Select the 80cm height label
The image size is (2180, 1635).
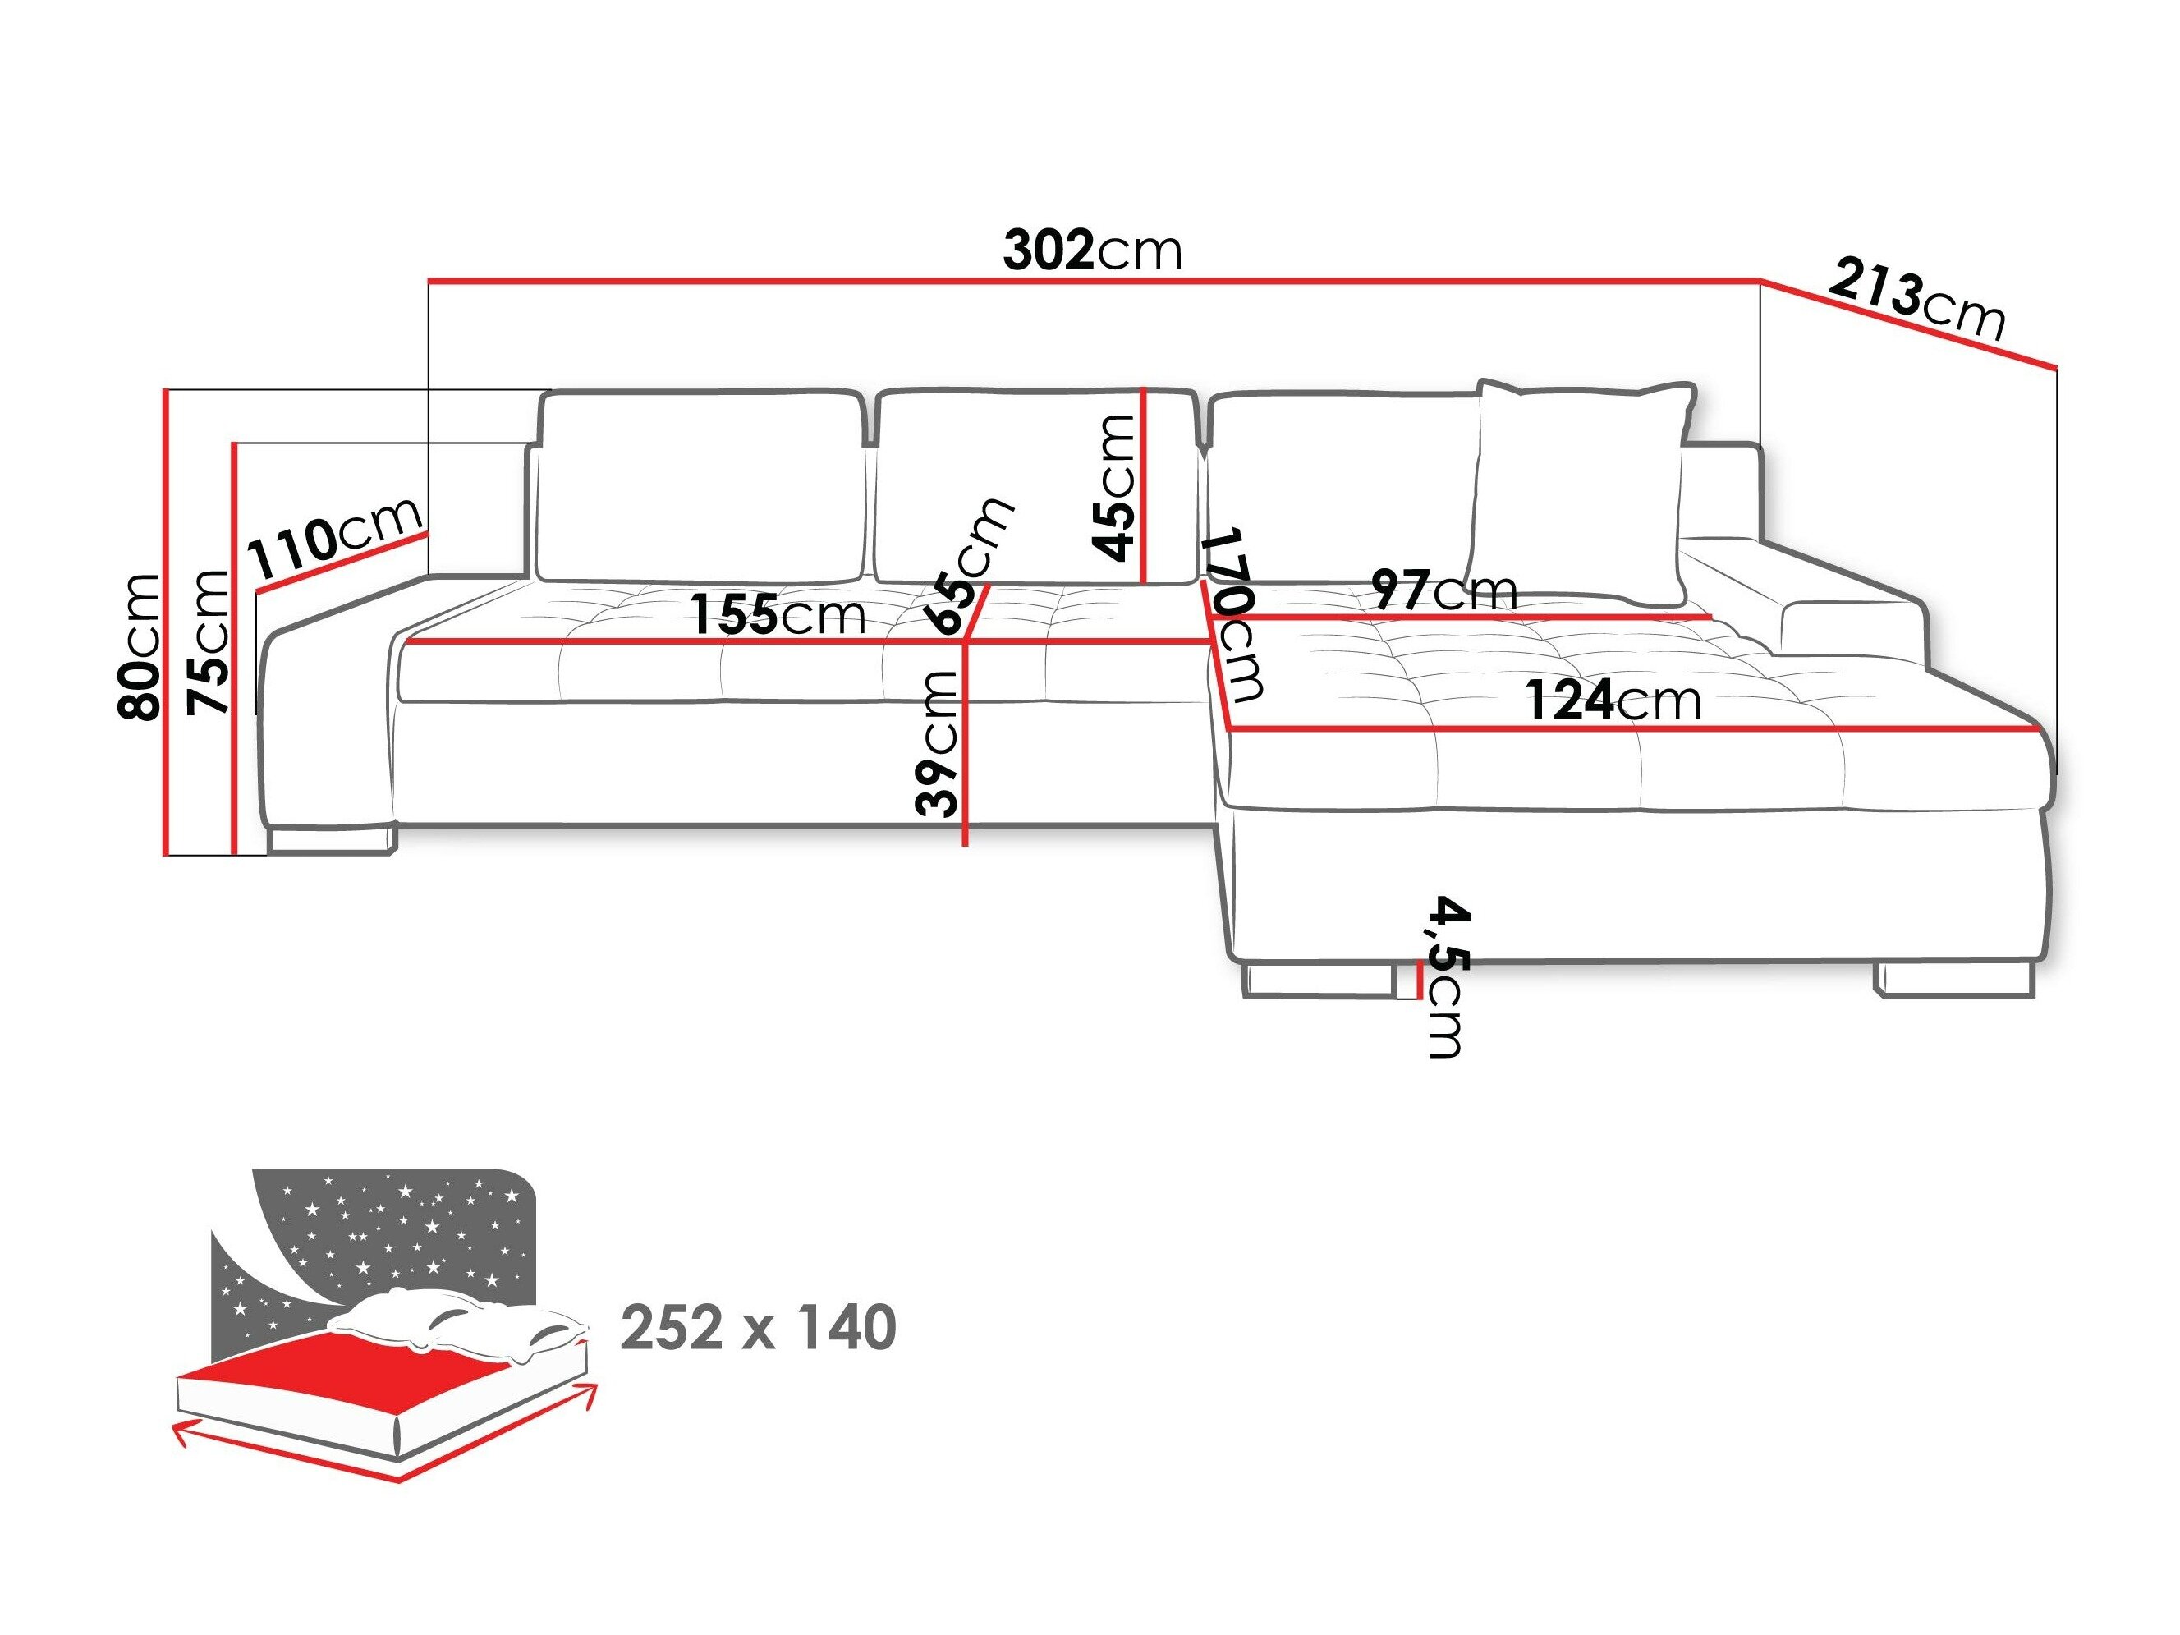point(137,646)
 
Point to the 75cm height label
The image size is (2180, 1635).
point(208,641)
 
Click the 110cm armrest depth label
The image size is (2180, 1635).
point(336,540)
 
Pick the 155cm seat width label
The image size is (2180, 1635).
point(778,616)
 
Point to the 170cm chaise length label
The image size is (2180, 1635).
point(1237,615)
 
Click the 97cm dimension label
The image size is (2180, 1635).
point(1443,590)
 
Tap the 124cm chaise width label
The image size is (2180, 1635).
point(1613,700)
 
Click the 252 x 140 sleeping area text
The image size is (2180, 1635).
point(758,1328)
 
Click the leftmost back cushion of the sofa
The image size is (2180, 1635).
point(700,488)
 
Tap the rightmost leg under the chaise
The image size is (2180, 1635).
point(1954,980)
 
